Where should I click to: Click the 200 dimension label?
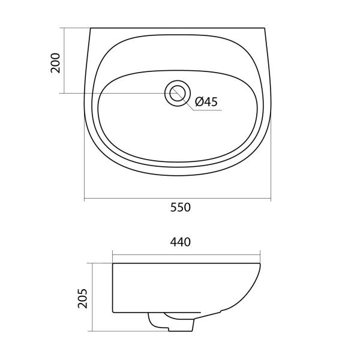[55, 63]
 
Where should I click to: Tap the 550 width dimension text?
[181, 208]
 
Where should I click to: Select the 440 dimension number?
[181, 242]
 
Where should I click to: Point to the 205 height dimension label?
[83, 298]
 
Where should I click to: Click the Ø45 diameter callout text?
[206, 102]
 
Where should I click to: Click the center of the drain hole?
[178, 93]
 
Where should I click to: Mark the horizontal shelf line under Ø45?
[207, 110]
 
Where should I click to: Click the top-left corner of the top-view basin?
[91, 28]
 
